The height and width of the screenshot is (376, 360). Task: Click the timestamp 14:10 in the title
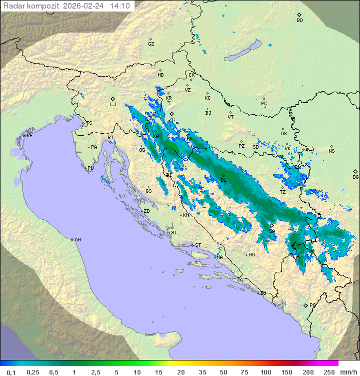(x=120, y=6)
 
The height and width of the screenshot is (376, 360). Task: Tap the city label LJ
(x=113, y=105)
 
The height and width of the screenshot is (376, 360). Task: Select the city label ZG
(x=172, y=120)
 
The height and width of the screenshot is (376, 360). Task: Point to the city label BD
(x=299, y=21)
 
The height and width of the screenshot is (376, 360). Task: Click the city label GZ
(x=151, y=44)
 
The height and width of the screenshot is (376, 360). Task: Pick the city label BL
(x=223, y=180)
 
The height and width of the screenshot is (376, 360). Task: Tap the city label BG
(x=355, y=177)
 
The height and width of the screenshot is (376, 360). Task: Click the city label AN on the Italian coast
(x=77, y=240)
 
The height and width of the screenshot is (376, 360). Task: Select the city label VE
(x=29, y=136)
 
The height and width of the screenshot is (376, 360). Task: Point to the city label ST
(x=198, y=245)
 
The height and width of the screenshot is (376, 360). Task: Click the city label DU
(x=262, y=293)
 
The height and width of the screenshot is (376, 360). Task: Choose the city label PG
(x=312, y=305)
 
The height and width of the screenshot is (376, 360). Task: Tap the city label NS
(x=331, y=151)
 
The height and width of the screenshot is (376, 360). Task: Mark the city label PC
(x=264, y=104)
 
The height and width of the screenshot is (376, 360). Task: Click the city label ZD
(x=146, y=211)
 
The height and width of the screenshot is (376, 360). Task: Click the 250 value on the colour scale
(x=329, y=372)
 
